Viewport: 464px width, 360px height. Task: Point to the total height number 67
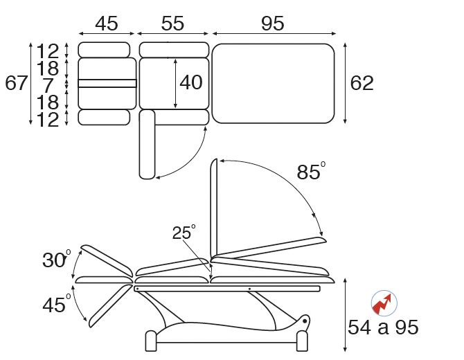point(16,83)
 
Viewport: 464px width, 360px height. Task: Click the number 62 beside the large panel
point(362,83)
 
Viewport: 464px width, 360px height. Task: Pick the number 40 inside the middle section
point(190,82)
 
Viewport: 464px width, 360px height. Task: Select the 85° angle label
point(310,172)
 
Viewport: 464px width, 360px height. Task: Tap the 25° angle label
point(184,233)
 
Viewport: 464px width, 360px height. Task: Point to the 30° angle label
point(56,260)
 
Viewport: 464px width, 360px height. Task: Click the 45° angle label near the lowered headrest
point(56,305)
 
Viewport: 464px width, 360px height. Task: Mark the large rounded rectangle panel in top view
point(273,83)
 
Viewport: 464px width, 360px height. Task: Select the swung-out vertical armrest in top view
point(147,143)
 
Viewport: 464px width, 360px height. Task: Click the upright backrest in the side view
point(215,208)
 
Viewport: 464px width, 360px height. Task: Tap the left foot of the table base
point(151,341)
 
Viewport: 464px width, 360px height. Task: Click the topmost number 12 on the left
point(48,51)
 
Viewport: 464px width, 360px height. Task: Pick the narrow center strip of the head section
point(107,83)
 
